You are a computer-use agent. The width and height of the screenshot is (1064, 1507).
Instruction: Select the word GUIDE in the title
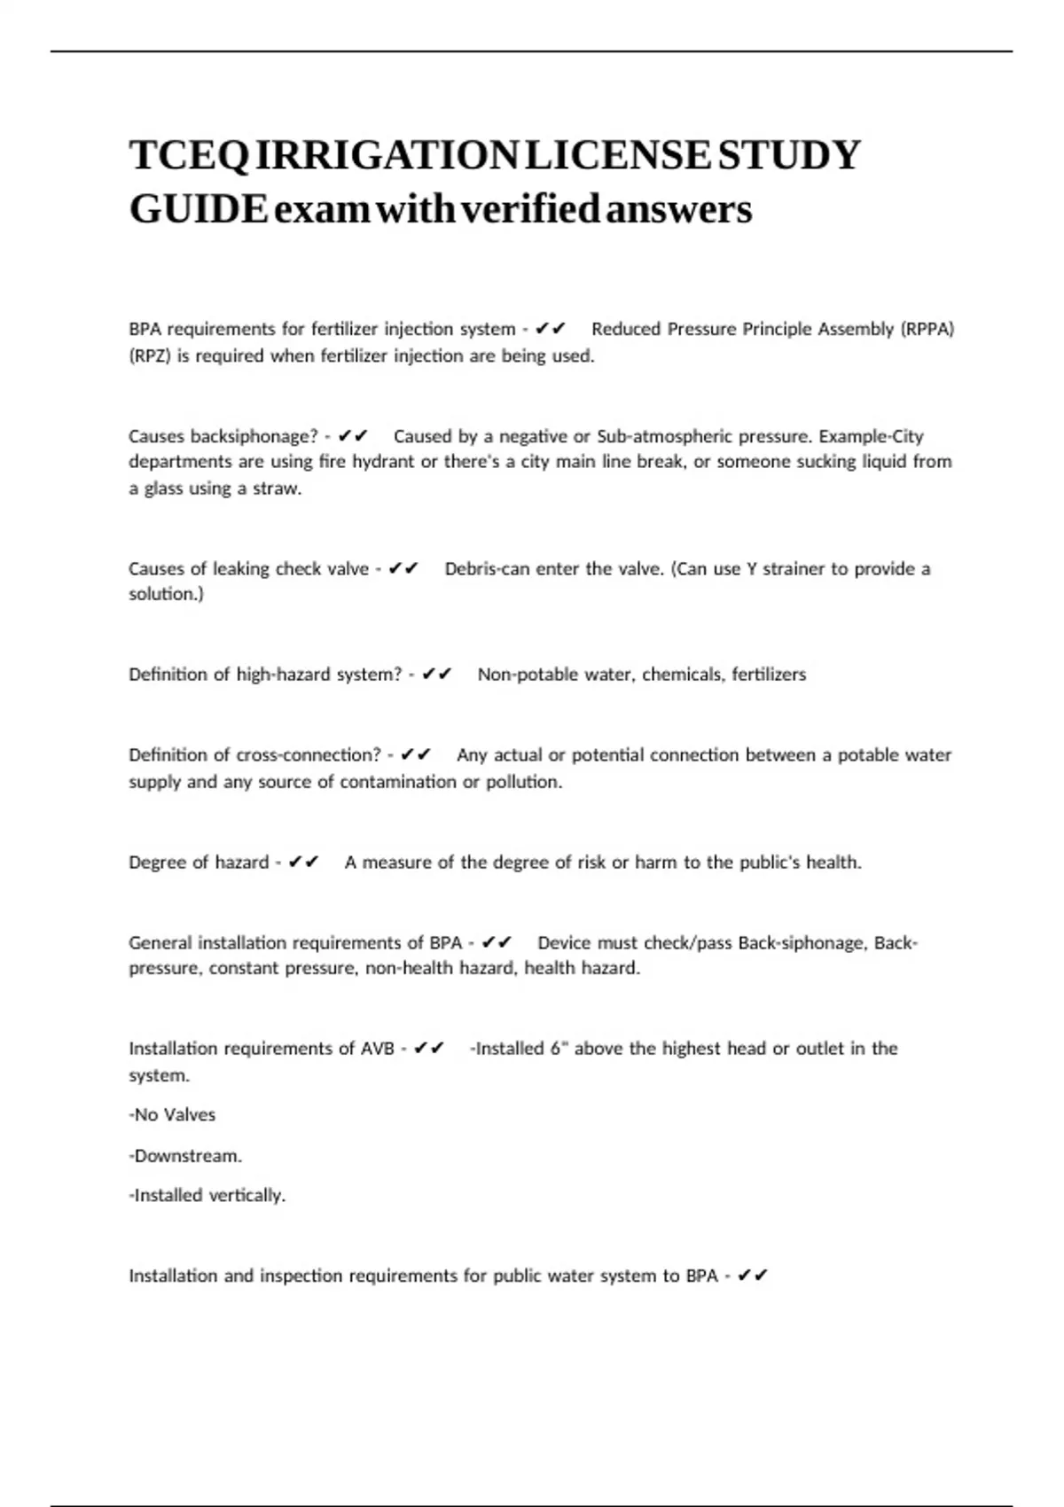(197, 209)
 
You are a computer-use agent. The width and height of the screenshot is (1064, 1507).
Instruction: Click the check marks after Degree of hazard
(303, 863)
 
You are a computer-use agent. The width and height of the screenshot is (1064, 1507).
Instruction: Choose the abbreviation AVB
(377, 1049)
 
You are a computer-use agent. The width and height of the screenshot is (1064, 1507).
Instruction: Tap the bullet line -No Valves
(172, 1115)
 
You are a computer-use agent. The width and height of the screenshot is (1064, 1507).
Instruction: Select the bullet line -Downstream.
(185, 1156)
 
